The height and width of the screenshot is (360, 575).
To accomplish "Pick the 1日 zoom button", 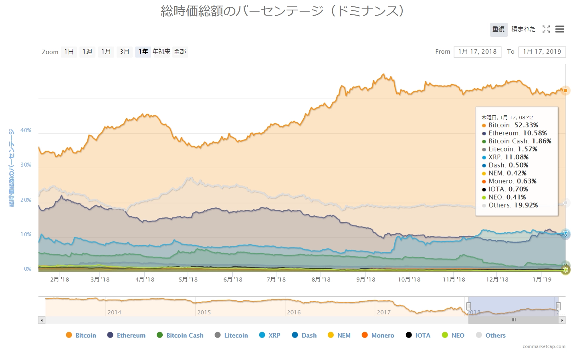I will tap(69, 52).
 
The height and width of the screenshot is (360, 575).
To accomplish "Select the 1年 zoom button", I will tap(143, 52).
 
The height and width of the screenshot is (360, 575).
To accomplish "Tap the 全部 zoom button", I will tap(180, 52).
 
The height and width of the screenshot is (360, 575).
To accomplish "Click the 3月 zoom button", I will tap(125, 52).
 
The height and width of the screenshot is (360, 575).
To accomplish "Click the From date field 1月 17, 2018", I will tap(477, 52).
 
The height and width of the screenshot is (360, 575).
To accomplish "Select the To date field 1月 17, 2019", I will tap(542, 52).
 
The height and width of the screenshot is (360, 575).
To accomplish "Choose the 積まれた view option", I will tap(523, 29).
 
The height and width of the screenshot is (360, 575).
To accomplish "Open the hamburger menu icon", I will tap(560, 29).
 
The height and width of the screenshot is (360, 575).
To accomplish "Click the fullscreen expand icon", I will tap(546, 29).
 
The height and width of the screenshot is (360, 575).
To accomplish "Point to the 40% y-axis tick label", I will tap(26, 131).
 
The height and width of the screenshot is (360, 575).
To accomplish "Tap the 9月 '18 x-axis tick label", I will tap(366, 280).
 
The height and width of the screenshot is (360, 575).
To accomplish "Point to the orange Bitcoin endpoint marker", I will tap(565, 91).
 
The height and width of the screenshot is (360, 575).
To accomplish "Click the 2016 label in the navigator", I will tap(294, 312).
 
